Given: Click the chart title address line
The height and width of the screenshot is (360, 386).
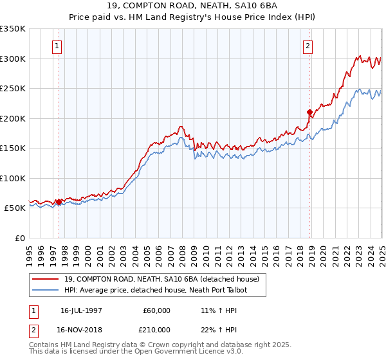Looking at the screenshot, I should [193, 6].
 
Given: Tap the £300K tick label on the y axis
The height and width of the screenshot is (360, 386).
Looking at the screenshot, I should [13, 59].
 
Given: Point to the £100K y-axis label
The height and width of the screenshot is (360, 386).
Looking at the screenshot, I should [13, 178].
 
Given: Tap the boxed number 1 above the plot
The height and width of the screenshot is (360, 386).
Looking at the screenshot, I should [59, 46].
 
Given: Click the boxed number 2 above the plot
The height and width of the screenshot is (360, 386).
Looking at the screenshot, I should [308, 46].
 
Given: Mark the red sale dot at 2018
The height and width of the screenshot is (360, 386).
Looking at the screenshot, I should [309, 112].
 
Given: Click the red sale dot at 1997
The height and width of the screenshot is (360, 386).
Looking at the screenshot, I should [59, 202].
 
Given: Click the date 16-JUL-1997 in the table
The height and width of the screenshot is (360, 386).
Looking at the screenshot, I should [81, 310].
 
